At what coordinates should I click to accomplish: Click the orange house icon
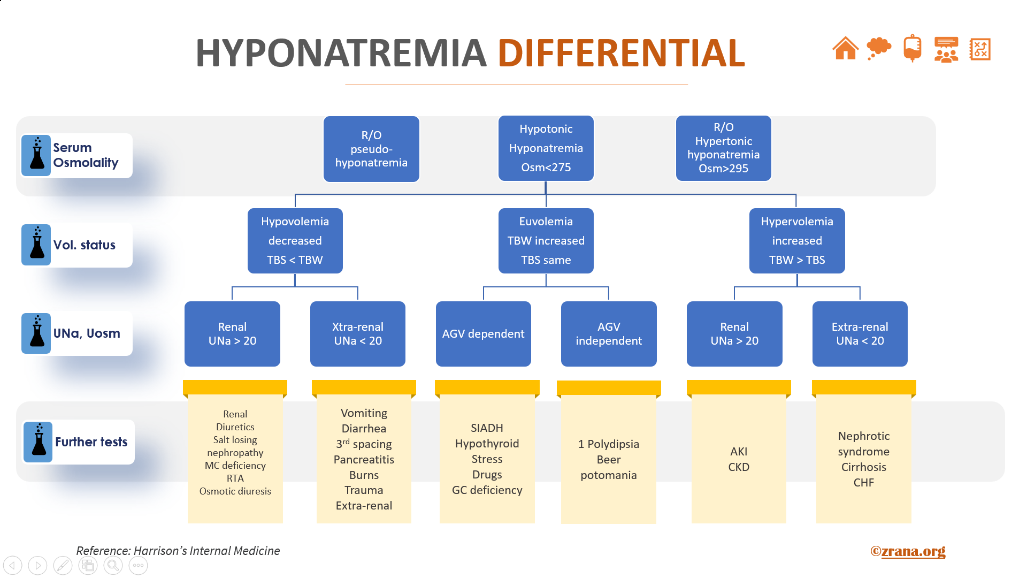(845, 49)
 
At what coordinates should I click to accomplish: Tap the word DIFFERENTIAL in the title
(621, 53)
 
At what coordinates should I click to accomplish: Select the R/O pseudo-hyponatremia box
(371, 149)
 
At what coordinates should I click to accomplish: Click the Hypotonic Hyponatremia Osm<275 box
(546, 148)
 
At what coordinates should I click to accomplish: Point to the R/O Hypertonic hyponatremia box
(723, 148)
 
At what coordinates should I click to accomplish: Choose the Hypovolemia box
(295, 241)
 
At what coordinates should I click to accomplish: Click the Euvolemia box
(546, 241)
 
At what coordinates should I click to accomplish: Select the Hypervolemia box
(796, 241)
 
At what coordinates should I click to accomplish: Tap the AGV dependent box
(483, 334)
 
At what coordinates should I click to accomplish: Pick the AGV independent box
(609, 334)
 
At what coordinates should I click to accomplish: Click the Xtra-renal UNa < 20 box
(357, 334)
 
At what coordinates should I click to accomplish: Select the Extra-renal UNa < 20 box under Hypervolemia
(860, 334)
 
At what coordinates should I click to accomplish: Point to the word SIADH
(487, 428)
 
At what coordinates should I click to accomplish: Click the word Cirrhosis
(863, 467)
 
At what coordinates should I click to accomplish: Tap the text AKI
(739, 452)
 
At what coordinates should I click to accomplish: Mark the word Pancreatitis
(364, 460)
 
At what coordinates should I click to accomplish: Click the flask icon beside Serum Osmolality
(37, 155)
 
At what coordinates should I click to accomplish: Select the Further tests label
(91, 442)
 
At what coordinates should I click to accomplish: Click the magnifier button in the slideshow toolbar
(113, 565)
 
